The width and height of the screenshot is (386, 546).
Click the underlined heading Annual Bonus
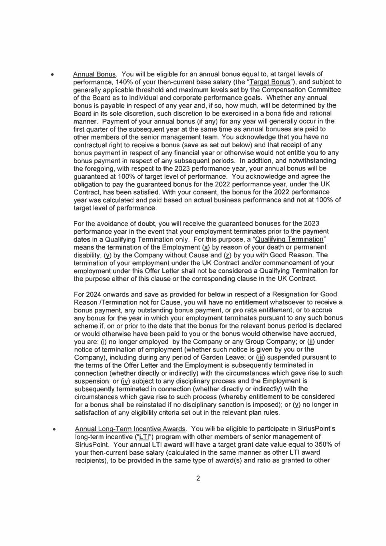(94, 74)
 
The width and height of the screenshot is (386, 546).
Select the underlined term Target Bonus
(270, 82)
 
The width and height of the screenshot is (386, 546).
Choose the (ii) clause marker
(311, 342)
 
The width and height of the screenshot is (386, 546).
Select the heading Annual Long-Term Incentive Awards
(130, 429)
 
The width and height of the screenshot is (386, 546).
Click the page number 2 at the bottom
(198, 478)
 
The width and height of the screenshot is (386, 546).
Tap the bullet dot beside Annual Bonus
(52, 75)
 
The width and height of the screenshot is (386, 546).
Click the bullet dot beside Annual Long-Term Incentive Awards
(54, 430)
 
